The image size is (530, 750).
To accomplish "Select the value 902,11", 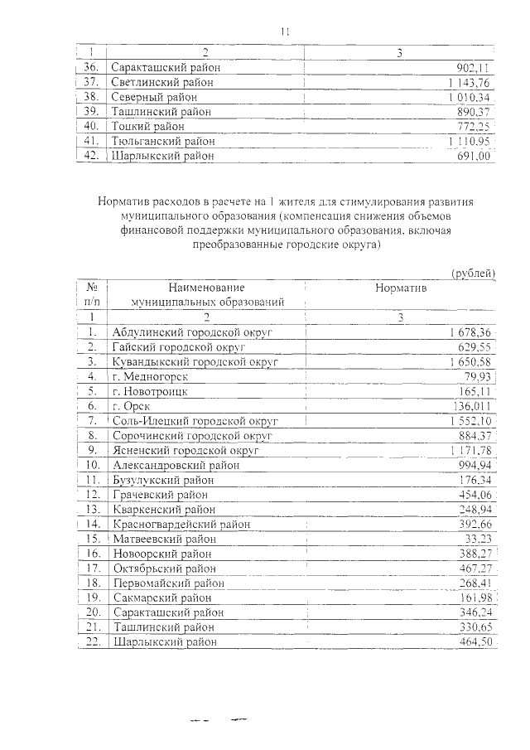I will click(x=476, y=68).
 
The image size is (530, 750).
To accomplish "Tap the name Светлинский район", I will click(x=162, y=82).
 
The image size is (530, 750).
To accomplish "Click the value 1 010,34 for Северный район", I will click(x=472, y=96).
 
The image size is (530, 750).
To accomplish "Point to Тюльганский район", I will click(x=163, y=141).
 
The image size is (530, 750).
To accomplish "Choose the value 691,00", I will click(x=476, y=156).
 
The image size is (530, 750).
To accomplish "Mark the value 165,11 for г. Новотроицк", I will click(x=477, y=390).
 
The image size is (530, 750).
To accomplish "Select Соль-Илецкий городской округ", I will click(x=195, y=420).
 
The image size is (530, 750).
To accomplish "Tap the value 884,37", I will click(x=476, y=435).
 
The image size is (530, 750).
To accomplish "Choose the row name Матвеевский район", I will click(x=162, y=539).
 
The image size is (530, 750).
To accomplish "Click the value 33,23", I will click(x=479, y=539).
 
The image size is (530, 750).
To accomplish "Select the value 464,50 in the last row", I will click(x=476, y=642).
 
